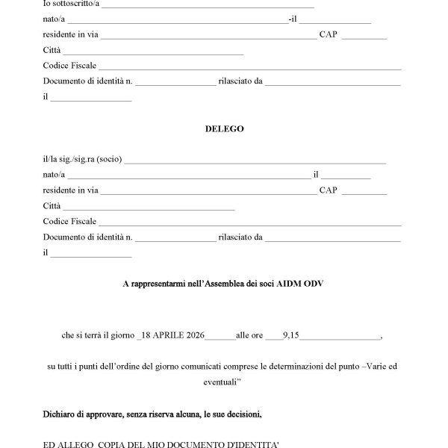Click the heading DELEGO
point(224,128)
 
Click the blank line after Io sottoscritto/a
point(197,6)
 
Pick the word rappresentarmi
point(156,284)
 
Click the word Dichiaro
point(60,413)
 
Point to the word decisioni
point(243,413)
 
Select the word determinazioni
point(306,367)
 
